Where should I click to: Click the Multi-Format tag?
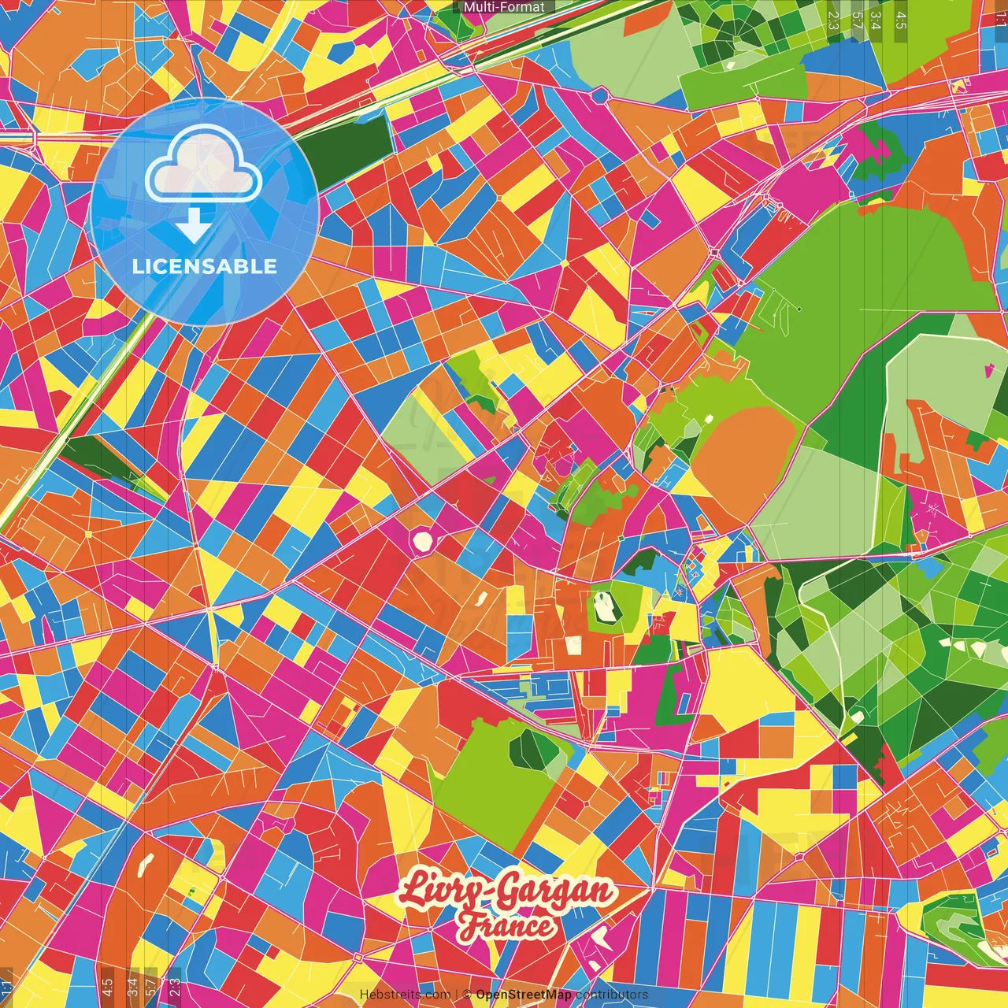point(504,7)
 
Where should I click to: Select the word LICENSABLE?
point(205,266)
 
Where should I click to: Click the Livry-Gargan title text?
point(506,891)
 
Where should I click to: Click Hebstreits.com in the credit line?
point(405,995)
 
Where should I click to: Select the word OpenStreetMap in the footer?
point(523,995)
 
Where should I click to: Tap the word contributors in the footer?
point(611,995)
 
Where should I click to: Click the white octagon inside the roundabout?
point(423,541)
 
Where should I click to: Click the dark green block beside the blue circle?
point(346,142)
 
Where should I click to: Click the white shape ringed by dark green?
point(604,606)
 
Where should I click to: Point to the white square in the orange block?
point(573,646)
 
